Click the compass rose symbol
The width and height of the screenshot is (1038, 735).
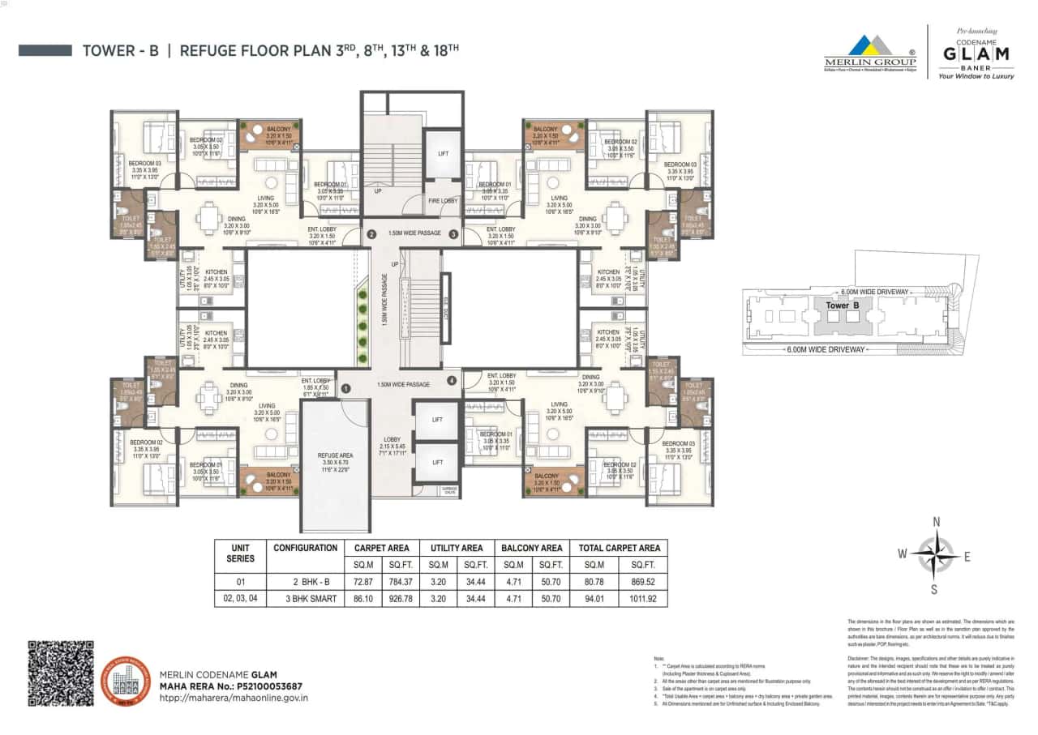click(x=935, y=554)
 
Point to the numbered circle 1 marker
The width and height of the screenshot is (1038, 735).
click(x=345, y=389)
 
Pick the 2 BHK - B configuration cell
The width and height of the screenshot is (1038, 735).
click(x=305, y=582)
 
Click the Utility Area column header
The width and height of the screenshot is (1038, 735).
click(x=456, y=548)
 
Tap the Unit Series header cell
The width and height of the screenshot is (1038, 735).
click(x=241, y=553)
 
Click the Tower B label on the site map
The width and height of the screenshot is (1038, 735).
click(x=837, y=306)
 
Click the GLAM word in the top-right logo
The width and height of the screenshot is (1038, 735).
click(x=975, y=53)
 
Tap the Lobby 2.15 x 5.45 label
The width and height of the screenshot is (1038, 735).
click(x=392, y=445)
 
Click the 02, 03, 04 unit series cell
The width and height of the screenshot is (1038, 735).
click(x=241, y=600)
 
